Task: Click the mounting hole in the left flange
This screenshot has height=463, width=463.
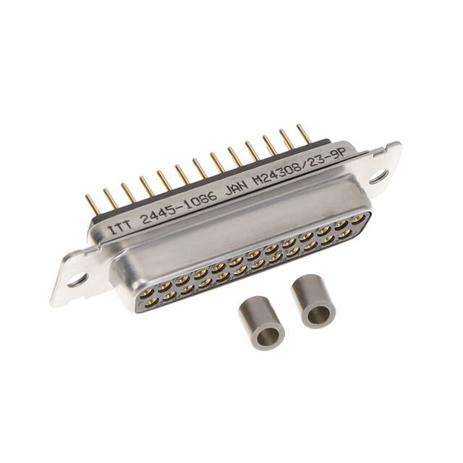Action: (77, 279)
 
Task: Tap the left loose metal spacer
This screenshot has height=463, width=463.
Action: (261, 323)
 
